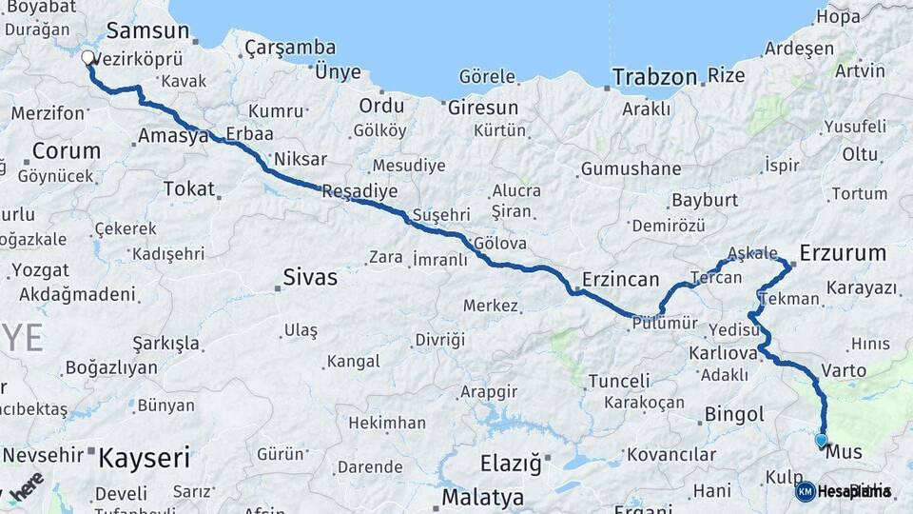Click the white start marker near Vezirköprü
point(88,58)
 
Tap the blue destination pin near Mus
point(822,440)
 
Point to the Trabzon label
point(654,76)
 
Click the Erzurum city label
point(843,253)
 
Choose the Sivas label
point(310,278)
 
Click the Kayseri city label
point(145,458)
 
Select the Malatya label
point(482,498)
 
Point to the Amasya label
point(173,136)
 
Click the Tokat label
point(189,188)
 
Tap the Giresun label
point(483,108)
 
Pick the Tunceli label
point(618,381)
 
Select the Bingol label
point(734,415)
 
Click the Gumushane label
point(631,169)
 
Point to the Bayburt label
point(705,201)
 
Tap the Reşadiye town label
point(359,191)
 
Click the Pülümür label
point(665,324)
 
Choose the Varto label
point(843,370)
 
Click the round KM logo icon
point(806,491)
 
